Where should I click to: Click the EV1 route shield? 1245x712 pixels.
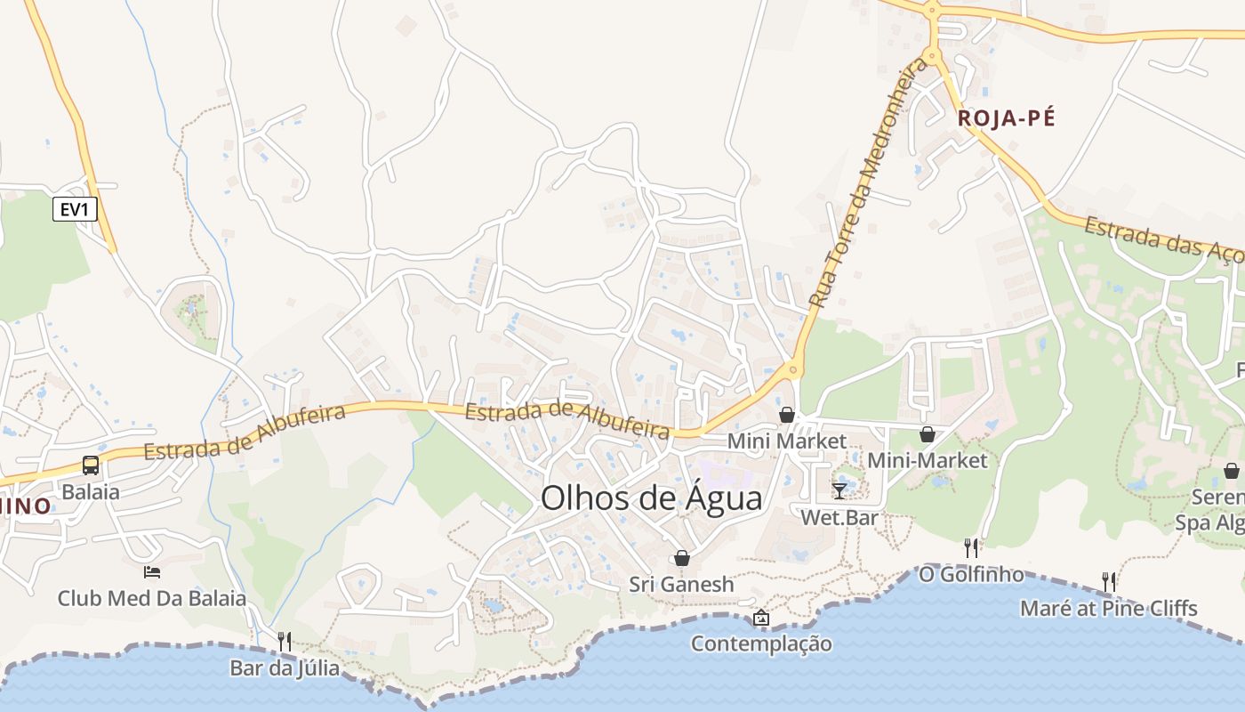(75, 210)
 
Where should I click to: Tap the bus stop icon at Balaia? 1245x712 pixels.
(91, 465)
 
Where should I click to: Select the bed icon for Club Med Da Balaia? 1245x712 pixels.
(152, 571)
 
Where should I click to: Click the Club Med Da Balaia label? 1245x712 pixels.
(152, 598)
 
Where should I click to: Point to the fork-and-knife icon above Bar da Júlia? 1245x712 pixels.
(285, 641)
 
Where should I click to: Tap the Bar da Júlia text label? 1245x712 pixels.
(285, 667)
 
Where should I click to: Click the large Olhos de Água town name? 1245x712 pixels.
(651, 498)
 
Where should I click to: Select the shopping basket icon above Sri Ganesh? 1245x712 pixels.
(682, 558)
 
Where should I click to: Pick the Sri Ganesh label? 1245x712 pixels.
(682, 585)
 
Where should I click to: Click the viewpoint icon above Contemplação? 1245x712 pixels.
(761, 617)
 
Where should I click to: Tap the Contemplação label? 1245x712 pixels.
(761, 643)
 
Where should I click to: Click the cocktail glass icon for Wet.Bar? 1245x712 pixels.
(839, 490)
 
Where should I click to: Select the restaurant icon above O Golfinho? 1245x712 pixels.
(971, 547)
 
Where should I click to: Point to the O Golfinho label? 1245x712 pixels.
(971, 575)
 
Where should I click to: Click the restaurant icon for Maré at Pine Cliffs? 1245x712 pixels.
(1108, 582)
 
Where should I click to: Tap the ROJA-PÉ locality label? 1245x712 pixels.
(1006, 118)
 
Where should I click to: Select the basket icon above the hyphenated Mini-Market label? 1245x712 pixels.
(928, 434)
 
